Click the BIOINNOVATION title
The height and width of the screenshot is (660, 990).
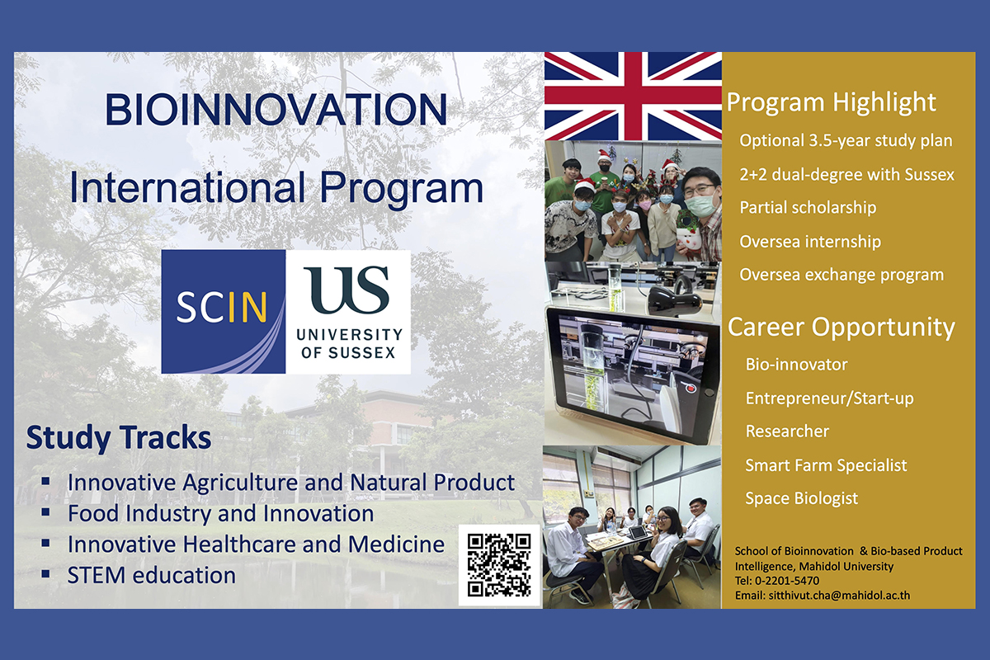tap(276, 109)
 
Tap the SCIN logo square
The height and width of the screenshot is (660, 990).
tap(224, 312)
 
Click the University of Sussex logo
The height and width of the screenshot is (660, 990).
tap(348, 312)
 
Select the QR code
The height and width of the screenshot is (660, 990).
tap(499, 565)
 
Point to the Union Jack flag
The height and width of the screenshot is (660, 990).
tap(633, 96)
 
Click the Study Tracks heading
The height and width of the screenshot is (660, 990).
tap(119, 437)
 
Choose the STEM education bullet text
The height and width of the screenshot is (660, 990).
tap(152, 575)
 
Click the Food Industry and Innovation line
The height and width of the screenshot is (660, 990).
tap(220, 514)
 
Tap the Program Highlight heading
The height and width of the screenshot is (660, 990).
tap(832, 103)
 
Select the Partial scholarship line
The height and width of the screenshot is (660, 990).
tap(808, 208)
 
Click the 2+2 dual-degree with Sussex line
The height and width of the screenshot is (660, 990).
tap(846, 175)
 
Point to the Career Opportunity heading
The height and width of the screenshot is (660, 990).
tap(841, 328)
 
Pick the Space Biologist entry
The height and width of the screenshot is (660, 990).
tap(801, 498)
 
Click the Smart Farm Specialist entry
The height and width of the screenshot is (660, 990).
tap(826, 465)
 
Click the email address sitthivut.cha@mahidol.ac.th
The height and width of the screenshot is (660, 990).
tap(839, 596)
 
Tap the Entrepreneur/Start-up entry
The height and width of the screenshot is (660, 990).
tap(830, 398)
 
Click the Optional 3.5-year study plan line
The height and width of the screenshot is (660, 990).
tap(846, 141)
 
